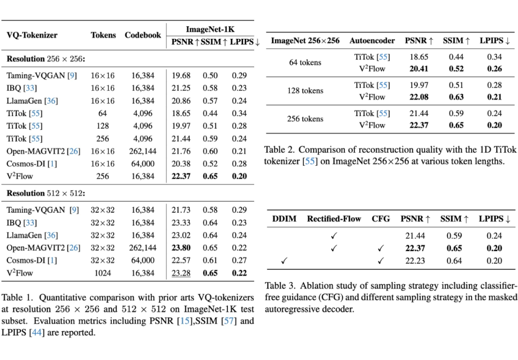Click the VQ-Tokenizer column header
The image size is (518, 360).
point(32,35)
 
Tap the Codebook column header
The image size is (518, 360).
point(143,35)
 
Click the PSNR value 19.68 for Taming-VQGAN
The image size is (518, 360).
point(181,76)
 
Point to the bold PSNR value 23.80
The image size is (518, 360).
point(181,248)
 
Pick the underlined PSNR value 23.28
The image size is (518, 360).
point(181,273)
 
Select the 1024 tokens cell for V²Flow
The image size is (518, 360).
point(103,273)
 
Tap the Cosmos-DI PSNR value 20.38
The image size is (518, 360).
point(181,163)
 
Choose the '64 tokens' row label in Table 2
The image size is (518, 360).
point(305,63)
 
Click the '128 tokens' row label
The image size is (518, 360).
point(305,91)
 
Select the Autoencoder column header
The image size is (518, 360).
point(372,41)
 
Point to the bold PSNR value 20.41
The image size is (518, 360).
point(419,69)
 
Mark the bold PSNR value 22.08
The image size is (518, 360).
point(419,97)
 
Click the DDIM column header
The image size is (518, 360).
point(284,219)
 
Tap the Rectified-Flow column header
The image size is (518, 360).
point(334,219)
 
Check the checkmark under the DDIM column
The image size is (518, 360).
point(284,261)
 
